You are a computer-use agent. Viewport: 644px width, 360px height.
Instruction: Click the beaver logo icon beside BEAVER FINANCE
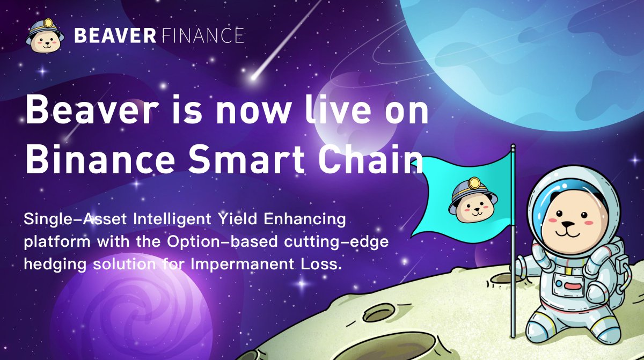[45, 36]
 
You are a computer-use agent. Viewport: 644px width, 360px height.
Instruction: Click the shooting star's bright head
[254, 77]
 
